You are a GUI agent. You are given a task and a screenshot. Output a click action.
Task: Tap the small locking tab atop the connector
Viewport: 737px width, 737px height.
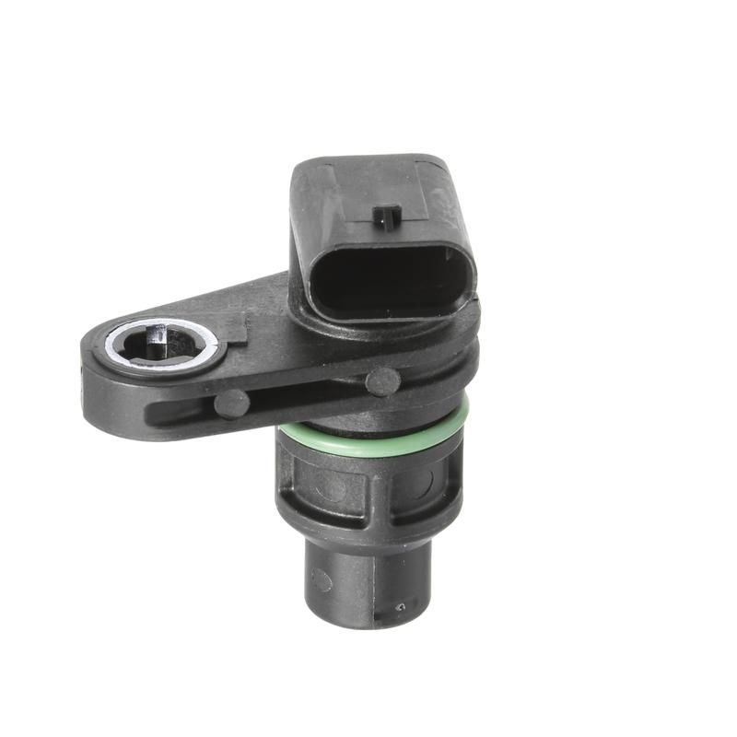386,217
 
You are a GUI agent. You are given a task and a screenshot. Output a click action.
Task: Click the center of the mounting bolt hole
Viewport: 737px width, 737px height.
164,343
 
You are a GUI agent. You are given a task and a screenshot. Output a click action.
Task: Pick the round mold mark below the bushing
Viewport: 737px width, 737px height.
231,404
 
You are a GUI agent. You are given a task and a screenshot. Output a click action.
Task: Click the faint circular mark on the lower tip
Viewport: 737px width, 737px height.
322,579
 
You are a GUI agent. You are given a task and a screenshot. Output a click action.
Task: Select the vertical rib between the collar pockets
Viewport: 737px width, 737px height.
372,488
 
